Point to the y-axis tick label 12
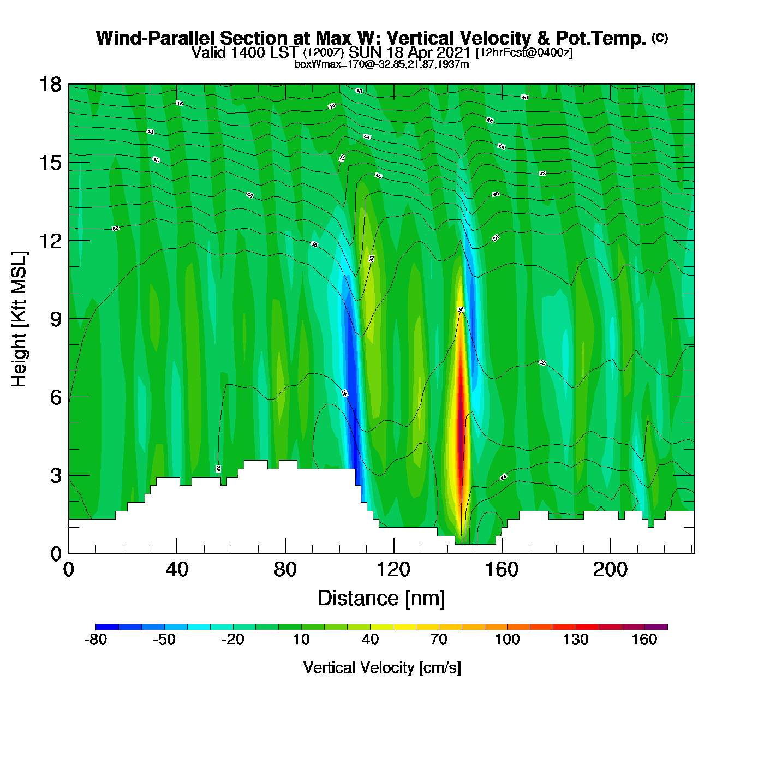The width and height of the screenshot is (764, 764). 50,241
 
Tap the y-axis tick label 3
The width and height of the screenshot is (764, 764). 56,475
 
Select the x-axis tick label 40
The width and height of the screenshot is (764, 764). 177,570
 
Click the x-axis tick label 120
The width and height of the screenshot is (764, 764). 393,570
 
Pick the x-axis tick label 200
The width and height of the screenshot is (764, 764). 610,570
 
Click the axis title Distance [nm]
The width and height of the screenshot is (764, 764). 381,598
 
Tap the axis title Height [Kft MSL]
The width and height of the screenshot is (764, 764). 20,319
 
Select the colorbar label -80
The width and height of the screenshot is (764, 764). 96,640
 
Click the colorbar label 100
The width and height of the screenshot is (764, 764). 507,640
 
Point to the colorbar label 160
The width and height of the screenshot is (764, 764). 644,640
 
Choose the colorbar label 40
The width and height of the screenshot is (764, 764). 370,640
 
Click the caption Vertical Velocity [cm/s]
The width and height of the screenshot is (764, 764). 381,667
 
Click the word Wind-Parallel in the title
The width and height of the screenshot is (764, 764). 156,38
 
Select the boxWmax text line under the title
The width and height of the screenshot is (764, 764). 381,64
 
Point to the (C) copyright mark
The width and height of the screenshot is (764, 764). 660,38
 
